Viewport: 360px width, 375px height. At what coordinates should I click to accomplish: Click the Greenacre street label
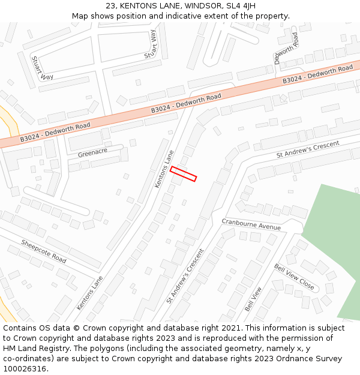(92, 153)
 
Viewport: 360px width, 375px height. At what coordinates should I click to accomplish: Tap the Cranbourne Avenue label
(251, 224)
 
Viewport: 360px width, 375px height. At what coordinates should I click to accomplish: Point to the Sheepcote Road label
(44, 251)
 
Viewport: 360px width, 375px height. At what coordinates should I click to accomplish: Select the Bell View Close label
(294, 276)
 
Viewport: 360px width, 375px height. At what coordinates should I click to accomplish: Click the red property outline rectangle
(183, 173)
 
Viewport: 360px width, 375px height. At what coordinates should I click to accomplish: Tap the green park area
(334, 240)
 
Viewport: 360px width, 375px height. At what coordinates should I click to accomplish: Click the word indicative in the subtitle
(192, 16)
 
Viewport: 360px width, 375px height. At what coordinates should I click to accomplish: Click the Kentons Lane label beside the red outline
(164, 169)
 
